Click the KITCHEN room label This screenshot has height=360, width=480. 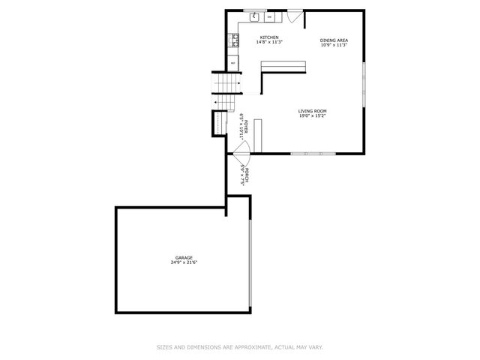[x=269, y=37]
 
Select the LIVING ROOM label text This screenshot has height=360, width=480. [x=313, y=111]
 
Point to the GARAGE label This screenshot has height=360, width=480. [x=184, y=257]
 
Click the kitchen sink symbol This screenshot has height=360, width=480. [x=255, y=16]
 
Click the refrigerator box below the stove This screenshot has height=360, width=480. [x=233, y=63]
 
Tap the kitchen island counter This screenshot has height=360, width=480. [x=283, y=68]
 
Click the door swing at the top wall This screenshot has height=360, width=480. [x=295, y=15]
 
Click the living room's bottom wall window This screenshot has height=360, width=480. [x=313, y=154]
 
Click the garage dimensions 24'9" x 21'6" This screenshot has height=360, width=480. [x=184, y=262]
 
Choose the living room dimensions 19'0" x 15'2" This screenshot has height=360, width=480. [x=313, y=116]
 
